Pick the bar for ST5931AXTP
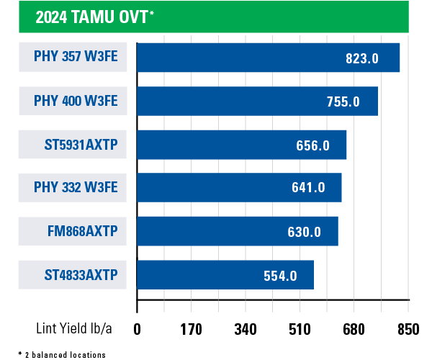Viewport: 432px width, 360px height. (x=241, y=145)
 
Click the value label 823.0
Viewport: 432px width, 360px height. (x=361, y=58)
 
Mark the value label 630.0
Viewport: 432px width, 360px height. (x=303, y=232)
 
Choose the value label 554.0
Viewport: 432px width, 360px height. (x=280, y=275)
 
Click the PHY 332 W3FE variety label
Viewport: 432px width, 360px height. (x=75, y=188)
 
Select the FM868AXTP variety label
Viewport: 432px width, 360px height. (x=81, y=231)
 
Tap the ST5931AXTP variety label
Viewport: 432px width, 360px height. (x=80, y=145)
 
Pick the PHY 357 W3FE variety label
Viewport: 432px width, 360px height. (x=75, y=58)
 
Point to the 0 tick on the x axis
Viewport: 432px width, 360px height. (x=137, y=329)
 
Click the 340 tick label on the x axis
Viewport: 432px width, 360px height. (x=246, y=329)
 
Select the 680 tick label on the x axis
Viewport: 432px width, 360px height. (x=354, y=329)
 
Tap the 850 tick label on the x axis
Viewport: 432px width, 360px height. (x=408, y=329)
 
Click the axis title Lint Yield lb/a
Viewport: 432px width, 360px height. (x=74, y=329)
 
